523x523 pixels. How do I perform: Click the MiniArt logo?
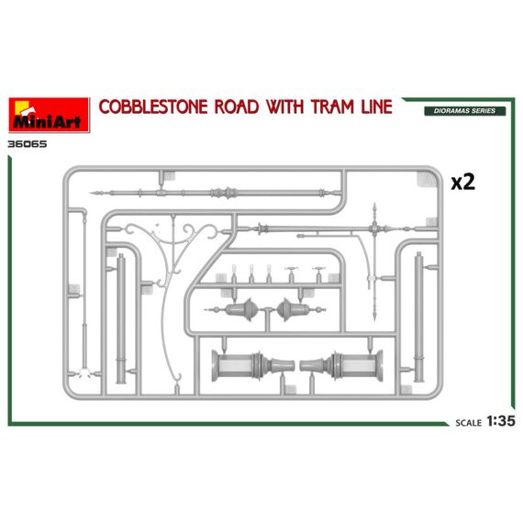[x=49, y=115]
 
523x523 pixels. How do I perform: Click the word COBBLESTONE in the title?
[x=153, y=107]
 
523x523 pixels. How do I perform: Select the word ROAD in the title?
[x=237, y=107]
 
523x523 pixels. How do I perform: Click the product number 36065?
[x=28, y=144]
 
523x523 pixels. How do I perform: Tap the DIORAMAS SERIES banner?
[x=464, y=111]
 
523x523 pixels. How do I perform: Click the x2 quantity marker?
[x=462, y=183]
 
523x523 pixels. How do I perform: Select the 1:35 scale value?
[x=501, y=421]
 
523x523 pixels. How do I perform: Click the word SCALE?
[x=469, y=423]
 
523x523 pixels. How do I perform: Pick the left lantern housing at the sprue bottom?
[x=253, y=366]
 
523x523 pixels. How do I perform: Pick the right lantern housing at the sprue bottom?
[x=341, y=366]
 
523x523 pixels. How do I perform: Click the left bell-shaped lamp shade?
[x=240, y=310]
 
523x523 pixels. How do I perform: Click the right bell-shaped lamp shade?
[x=294, y=310]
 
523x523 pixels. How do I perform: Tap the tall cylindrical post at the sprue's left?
[x=121, y=318]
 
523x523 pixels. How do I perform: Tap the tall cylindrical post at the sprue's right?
[x=419, y=317]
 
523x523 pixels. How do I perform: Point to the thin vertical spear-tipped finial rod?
[x=374, y=261]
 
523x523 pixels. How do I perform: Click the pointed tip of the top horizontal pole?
[x=91, y=193]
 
